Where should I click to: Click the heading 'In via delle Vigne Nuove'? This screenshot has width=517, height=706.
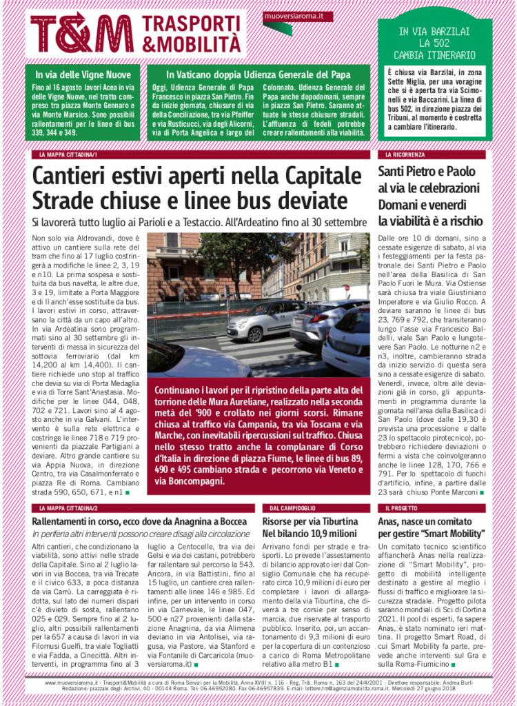pos(81,74)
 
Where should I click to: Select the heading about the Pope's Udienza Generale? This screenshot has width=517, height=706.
pos(258,74)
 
